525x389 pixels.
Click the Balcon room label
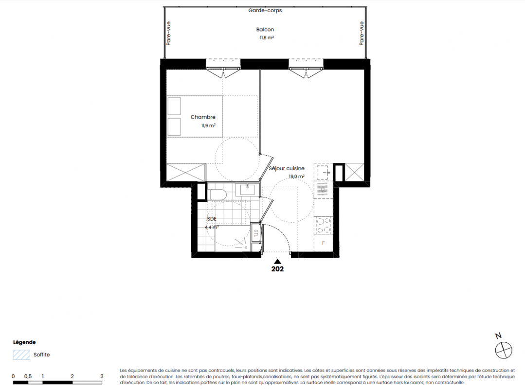pyautogui.click(x=265, y=30)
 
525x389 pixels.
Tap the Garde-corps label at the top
pyautogui.click(x=265, y=10)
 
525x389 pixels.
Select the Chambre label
pyautogui.click(x=203, y=117)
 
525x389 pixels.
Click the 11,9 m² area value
pyautogui.click(x=208, y=125)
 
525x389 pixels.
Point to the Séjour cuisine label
pyautogui.click(x=287, y=169)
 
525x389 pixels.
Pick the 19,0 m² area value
pyautogui.click(x=297, y=177)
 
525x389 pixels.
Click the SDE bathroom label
pyautogui.click(x=212, y=219)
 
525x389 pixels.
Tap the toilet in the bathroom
pyautogui.click(x=217, y=194)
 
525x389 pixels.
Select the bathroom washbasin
pyautogui.click(x=247, y=190)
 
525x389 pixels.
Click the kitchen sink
pyautogui.click(x=323, y=173)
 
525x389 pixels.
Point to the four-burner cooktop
pyautogui.click(x=323, y=225)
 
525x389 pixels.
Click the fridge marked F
pyautogui.click(x=324, y=243)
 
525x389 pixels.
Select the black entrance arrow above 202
pyautogui.click(x=277, y=261)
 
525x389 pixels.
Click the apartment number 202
pyautogui.click(x=277, y=269)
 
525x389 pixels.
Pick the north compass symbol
pyautogui.click(x=504, y=350)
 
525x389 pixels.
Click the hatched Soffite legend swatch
pyautogui.click(x=21, y=354)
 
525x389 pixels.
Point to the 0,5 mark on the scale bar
pyautogui.click(x=28, y=376)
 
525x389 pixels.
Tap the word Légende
pyautogui.click(x=24, y=342)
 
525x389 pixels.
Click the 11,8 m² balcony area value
pyautogui.click(x=267, y=38)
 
